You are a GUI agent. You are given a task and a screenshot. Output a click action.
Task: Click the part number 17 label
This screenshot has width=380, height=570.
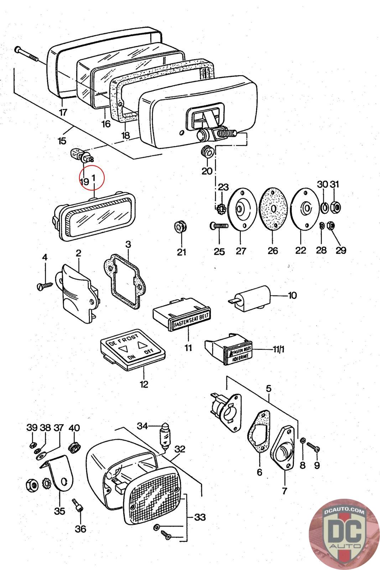tap(63, 113)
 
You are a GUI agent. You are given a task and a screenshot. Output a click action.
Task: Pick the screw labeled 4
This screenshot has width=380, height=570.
tap(45, 285)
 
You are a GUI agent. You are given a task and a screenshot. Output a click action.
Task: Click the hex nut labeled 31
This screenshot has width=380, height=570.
tap(335, 206)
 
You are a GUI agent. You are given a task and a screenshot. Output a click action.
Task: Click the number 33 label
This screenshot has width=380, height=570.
tap(199, 517)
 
